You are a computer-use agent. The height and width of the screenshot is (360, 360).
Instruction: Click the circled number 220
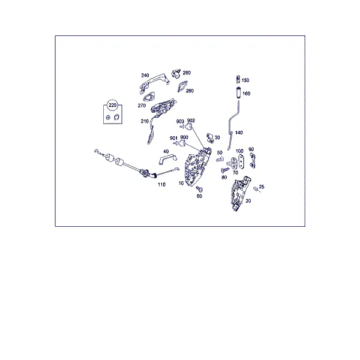coord(112,105)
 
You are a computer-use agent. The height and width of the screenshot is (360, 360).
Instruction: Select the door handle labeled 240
coord(154,83)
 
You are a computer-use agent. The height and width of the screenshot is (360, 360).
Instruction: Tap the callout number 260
coord(187,73)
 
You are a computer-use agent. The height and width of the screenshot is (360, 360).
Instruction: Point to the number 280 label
coord(190,91)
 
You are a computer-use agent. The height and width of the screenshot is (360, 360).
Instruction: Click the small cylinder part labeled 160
coord(239,93)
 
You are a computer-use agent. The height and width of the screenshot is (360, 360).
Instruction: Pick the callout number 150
coord(245,80)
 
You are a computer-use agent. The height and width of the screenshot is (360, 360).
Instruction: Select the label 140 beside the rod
coord(239,133)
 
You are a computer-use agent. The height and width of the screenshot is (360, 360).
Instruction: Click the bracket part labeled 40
coord(167,159)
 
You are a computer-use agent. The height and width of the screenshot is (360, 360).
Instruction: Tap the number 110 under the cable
coord(161,184)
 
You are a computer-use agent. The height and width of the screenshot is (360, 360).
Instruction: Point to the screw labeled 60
coord(199,189)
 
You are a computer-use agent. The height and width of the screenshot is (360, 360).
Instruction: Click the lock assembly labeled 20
coord(240,193)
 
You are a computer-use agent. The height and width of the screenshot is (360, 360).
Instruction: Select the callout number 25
coord(262,187)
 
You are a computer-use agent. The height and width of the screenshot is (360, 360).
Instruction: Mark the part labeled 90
coord(253,161)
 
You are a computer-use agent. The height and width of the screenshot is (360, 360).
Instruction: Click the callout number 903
coord(180,121)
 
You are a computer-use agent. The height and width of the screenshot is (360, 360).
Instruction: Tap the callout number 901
coord(173,138)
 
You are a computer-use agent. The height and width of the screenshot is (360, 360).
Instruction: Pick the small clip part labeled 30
coord(210,138)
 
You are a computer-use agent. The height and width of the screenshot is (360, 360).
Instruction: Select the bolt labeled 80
coord(225,170)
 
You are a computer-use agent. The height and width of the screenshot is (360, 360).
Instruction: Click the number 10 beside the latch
coord(181,183)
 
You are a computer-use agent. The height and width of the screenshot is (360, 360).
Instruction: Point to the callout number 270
coord(142,106)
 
